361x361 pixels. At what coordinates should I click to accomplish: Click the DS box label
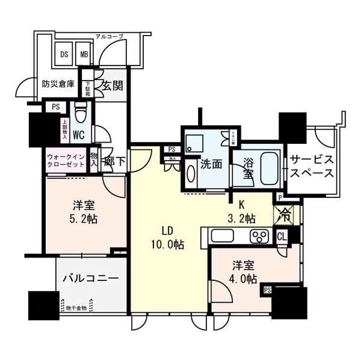click(64, 54)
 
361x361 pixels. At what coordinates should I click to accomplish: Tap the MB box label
click(85, 54)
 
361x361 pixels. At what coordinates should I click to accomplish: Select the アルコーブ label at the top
click(108, 37)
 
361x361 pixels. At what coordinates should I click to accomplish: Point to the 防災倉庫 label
click(58, 84)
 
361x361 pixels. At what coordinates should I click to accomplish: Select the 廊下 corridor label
click(113, 161)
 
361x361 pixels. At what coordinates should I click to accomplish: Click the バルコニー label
click(91, 278)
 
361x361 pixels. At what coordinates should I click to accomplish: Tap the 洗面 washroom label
click(211, 163)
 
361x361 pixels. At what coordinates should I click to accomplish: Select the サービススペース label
click(311, 166)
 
